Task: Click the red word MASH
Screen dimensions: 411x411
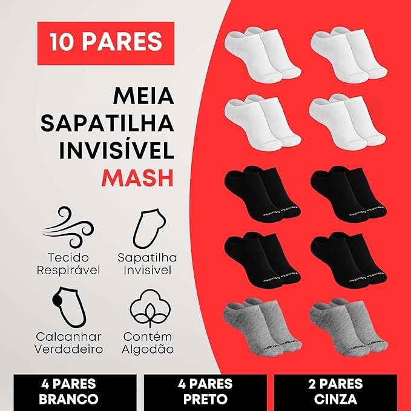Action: tap(137, 178)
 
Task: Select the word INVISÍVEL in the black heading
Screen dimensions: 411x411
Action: tap(116, 151)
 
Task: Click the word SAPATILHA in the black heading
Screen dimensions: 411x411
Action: tap(108, 123)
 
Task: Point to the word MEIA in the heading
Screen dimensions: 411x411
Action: tap(143, 96)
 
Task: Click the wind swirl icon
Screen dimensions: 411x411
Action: tap(68, 227)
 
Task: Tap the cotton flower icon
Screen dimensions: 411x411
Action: tap(150, 308)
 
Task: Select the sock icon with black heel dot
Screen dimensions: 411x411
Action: tap(68, 307)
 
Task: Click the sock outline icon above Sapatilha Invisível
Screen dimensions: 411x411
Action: tap(149, 228)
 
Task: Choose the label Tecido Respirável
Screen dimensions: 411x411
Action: tap(68, 264)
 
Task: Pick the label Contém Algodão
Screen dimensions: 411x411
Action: tap(148, 343)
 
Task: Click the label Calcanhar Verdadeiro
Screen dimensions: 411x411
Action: tap(68, 343)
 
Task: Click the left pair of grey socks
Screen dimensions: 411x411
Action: tap(262, 327)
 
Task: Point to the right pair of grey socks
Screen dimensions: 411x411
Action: tap(349, 327)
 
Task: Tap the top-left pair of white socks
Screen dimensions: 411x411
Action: tap(263, 54)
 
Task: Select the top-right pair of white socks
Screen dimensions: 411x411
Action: tap(349, 54)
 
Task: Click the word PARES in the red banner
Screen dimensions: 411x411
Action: tap(122, 41)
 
